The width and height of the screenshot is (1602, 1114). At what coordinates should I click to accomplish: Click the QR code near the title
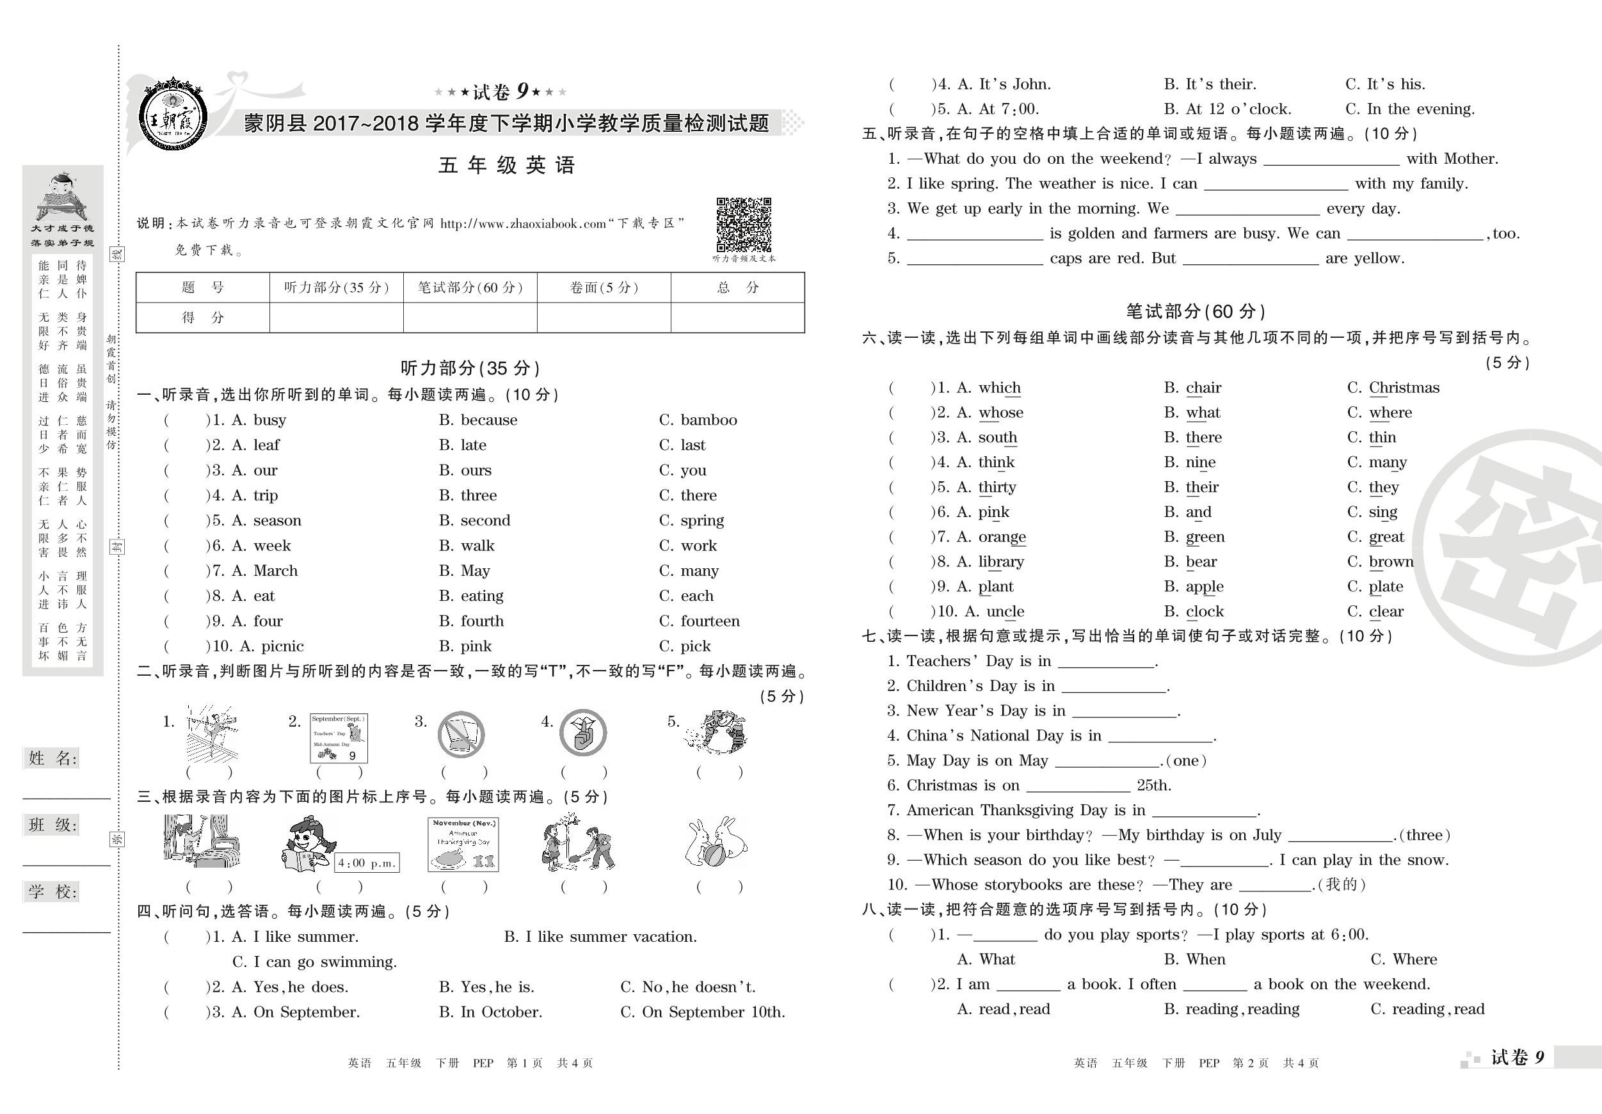(744, 225)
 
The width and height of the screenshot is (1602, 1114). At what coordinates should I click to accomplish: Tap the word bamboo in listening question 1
(709, 420)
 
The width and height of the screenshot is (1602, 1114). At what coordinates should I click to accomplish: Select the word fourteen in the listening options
(710, 621)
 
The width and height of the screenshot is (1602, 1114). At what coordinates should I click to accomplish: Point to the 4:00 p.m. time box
(366, 863)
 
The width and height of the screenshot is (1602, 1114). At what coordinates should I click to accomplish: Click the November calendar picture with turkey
(463, 844)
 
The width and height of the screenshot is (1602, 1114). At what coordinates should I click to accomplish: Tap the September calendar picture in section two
(339, 738)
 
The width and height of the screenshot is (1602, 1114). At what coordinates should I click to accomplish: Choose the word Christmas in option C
(1404, 388)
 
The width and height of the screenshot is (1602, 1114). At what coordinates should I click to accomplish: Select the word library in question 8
(1000, 562)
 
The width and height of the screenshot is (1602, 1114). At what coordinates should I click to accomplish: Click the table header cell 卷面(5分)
(604, 287)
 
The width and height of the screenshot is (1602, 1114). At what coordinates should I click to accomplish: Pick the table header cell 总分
(737, 287)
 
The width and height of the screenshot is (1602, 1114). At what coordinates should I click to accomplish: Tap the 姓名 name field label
(52, 758)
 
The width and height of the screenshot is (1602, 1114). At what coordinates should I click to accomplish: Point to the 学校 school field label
(52, 891)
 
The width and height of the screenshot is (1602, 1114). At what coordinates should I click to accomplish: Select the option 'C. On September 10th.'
(703, 1012)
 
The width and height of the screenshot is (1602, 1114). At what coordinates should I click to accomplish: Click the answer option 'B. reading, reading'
(1231, 1009)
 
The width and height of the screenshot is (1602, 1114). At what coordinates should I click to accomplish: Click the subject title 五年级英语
(506, 165)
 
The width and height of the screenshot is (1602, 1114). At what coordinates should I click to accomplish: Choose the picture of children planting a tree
(579, 843)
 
